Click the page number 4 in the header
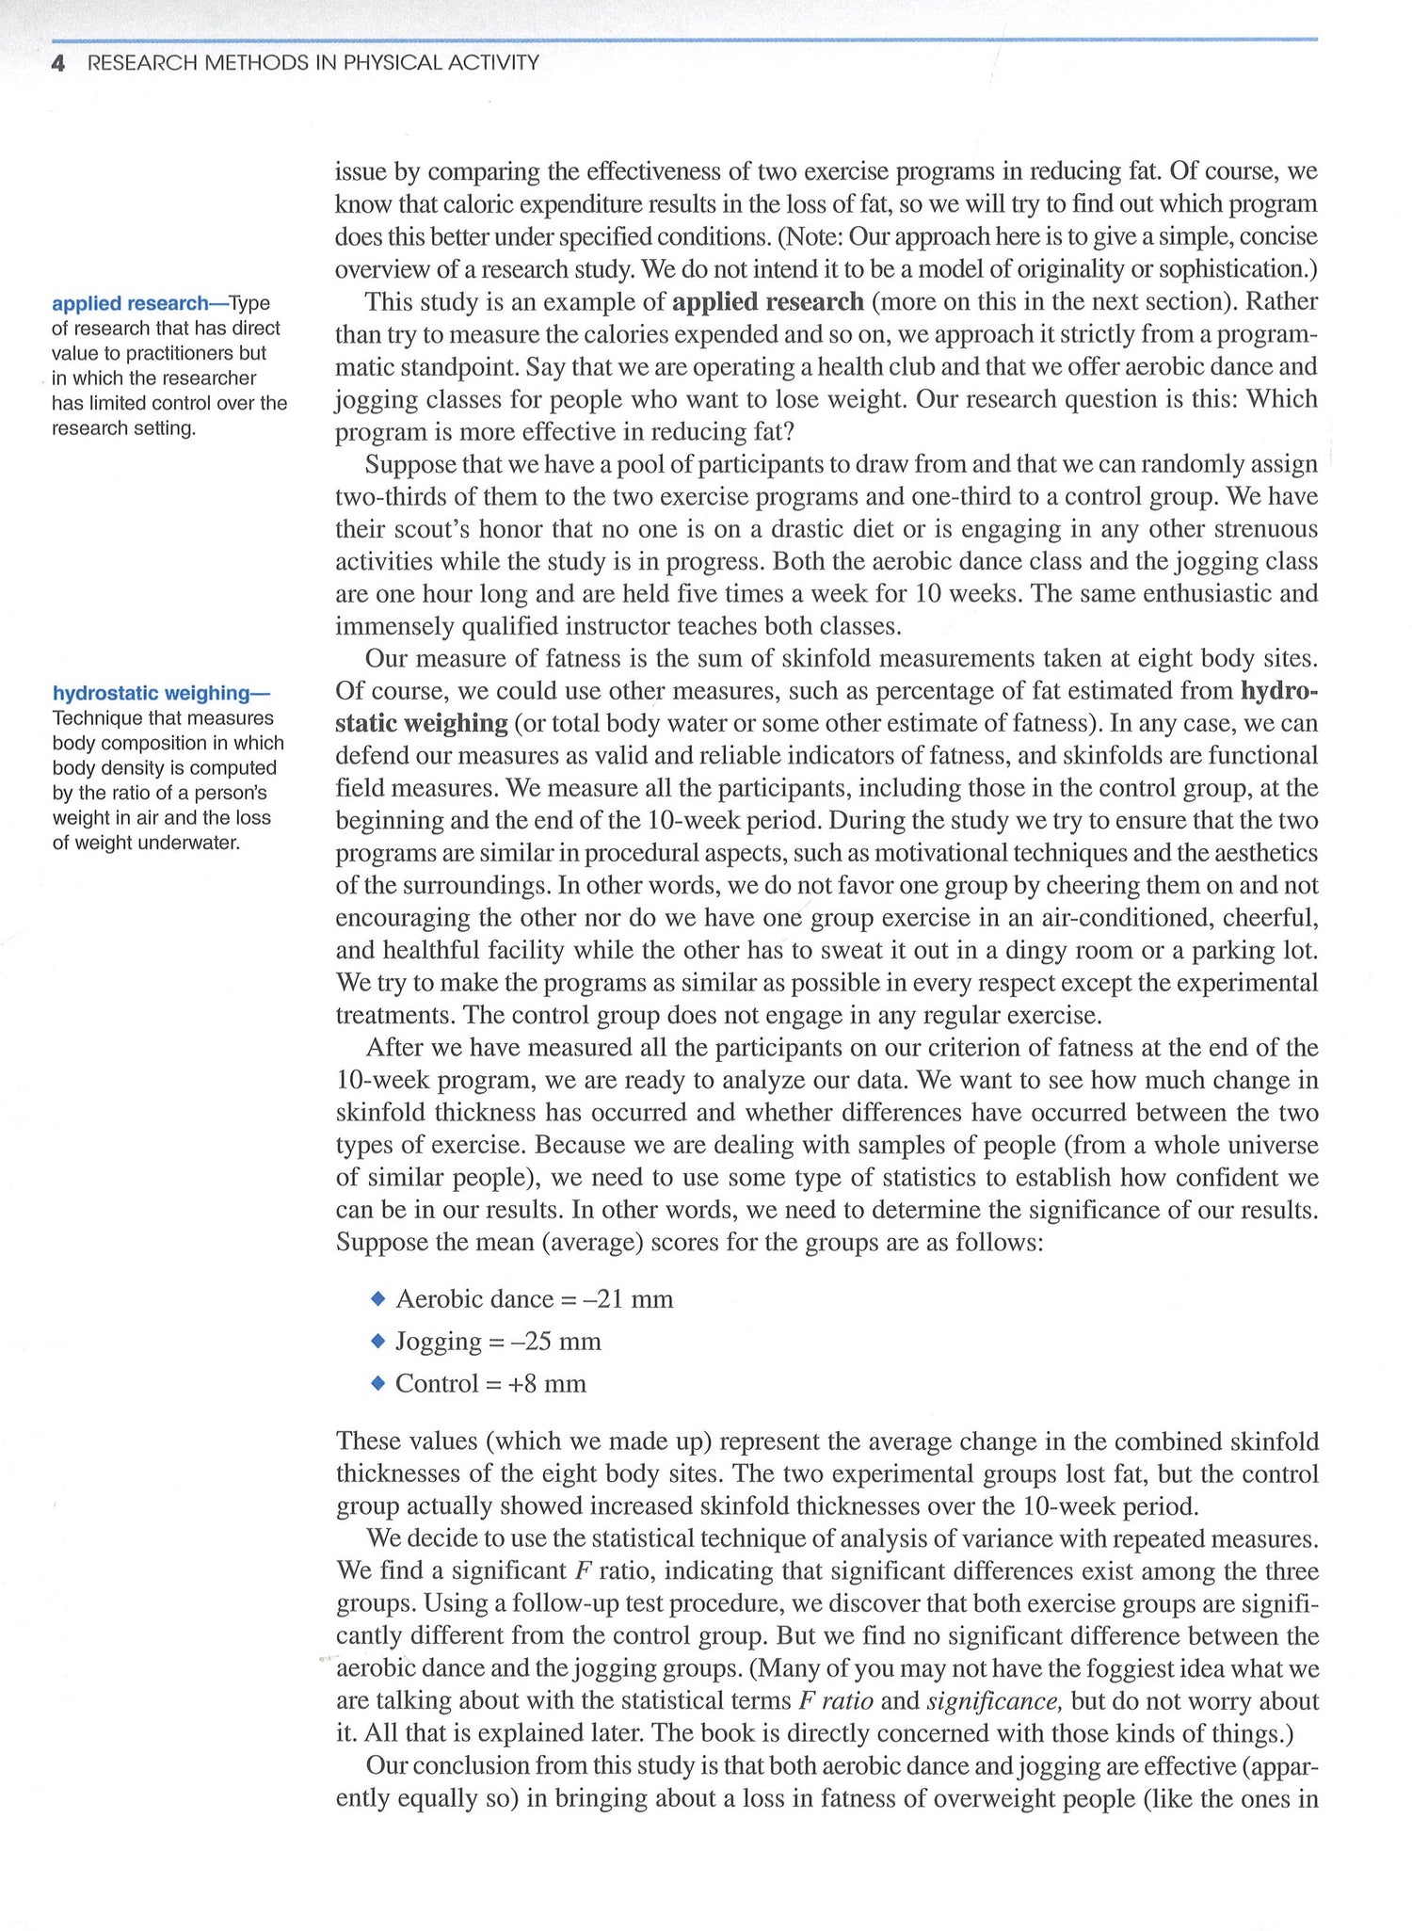point(58,63)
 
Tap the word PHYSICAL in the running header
point(397,63)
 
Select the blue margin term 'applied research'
point(130,303)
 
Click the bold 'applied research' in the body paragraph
point(767,301)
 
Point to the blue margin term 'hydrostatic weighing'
point(151,693)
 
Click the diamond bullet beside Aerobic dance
point(378,1298)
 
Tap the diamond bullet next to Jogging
point(378,1341)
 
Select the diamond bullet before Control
point(378,1383)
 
